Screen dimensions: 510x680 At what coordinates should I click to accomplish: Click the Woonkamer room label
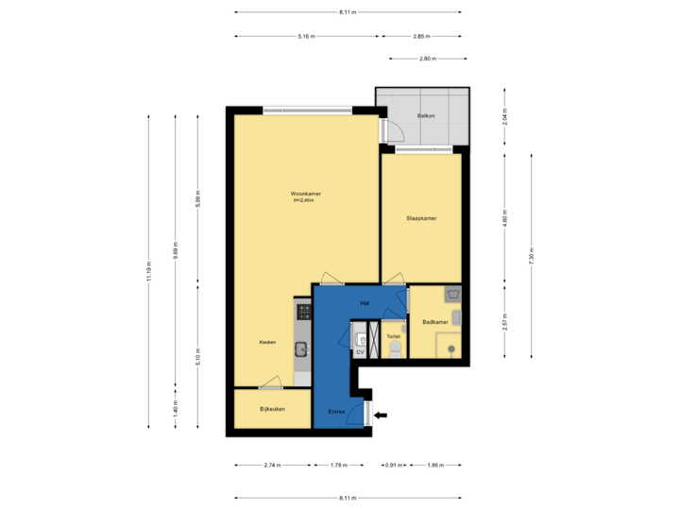pos(305,194)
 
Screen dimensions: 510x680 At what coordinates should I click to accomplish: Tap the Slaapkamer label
pos(421,218)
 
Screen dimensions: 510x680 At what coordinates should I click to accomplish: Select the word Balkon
pos(426,116)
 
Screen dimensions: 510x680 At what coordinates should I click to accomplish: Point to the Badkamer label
pos(434,323)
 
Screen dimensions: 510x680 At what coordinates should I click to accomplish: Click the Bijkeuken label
pos(272,409)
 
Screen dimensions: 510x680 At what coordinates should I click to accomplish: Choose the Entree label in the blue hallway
pos(335,412)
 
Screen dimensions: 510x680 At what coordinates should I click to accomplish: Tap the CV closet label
pos(360,352)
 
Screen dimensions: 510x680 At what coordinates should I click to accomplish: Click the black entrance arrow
pos(381,414)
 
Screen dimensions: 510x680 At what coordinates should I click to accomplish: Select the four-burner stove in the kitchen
pos(304,310)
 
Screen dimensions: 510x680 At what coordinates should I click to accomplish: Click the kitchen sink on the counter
pos(302,348)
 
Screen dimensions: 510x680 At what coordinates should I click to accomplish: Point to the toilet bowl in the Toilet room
pos(395,350)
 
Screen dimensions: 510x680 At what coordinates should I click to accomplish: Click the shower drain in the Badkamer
pos(452,350)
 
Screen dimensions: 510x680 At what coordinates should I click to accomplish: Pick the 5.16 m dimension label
pos(306,37)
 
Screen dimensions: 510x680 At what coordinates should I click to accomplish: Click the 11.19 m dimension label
pos(148,272)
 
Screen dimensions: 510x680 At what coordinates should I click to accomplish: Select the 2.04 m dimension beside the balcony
pos(505,118)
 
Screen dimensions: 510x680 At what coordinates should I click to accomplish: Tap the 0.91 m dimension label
pos(393,466)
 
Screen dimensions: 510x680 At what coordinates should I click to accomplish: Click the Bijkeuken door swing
pos(271,382)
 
